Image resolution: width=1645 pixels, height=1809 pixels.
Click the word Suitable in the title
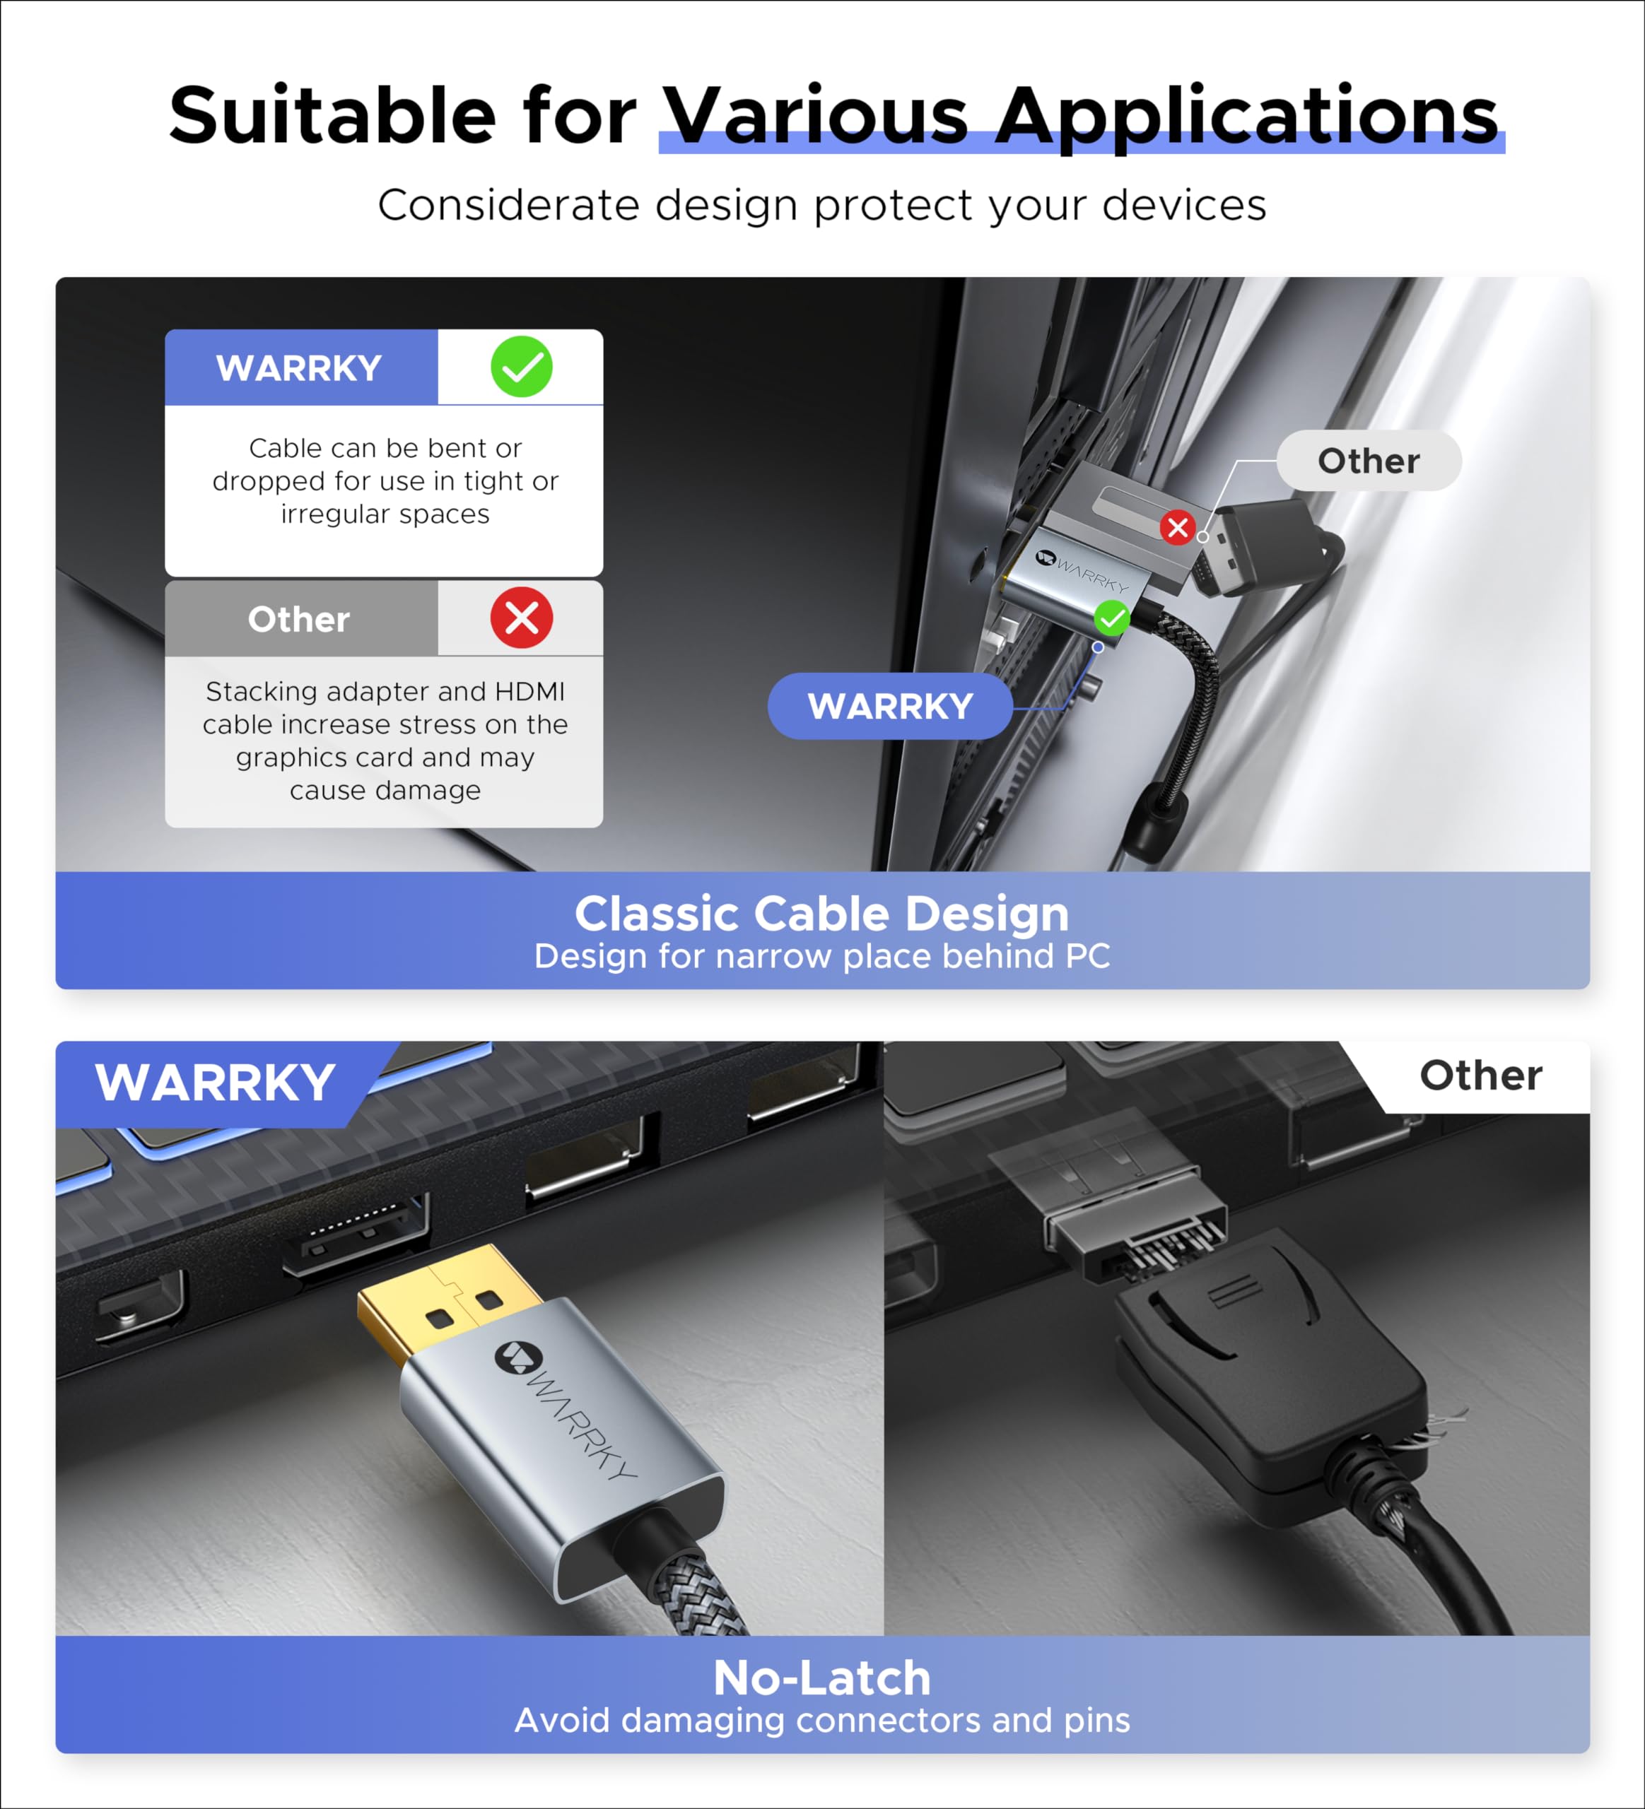point(332,117)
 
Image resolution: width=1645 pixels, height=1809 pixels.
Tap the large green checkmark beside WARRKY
point(522,367)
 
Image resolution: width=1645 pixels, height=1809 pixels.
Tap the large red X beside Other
point(522,618)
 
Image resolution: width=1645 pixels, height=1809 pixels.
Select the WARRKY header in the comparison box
point(300,368)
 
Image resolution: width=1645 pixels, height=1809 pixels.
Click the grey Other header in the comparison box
point(300,619)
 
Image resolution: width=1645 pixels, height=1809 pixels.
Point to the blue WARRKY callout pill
point(890,706)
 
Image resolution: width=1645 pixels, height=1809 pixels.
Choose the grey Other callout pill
point(1369,461)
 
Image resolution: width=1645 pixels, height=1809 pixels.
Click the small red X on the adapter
point(1178,528)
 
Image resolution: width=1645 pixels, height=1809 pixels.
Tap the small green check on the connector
point(1112,618)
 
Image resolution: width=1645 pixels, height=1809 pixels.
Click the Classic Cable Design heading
point(822,914)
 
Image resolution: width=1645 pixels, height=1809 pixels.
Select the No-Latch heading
point(822,1678)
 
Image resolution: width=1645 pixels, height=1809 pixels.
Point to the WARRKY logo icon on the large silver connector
point(514,1357)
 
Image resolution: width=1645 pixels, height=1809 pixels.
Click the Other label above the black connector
point(1481,1075)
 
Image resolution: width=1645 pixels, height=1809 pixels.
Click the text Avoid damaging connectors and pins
point(822,1720)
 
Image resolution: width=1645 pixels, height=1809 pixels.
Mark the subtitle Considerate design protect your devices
point(822,206)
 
